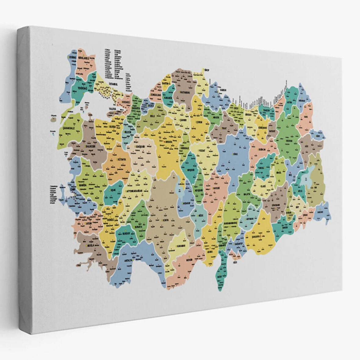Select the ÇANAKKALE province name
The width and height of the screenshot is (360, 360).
[x=69, y=128]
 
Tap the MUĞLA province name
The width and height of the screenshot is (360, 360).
[x=90, y=245]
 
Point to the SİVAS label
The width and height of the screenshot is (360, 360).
[x=235, y=154]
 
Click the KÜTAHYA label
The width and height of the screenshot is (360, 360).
[x=121, y=159]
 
